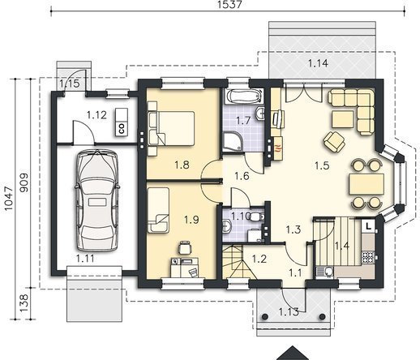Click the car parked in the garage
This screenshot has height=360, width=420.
(97, 202)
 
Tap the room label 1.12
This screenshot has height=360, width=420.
(96, 115)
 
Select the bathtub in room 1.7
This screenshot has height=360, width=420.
(244, 96)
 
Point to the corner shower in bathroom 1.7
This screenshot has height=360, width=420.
(233, 141)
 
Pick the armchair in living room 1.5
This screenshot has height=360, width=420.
(333, 141)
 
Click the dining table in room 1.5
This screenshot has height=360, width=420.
(366, 184)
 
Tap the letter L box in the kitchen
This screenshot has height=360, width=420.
(368, 226)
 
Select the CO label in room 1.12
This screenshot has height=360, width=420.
(122, 129)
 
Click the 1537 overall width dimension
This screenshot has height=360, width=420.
(229, 4)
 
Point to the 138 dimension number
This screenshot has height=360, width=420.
(24, 303)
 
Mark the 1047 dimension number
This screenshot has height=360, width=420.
(8, 199)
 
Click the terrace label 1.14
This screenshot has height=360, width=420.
(318, 63)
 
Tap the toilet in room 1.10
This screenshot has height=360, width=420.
(256, 216)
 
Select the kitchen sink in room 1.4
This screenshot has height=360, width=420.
(327, 272)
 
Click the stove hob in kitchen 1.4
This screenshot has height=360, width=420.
(368, 257)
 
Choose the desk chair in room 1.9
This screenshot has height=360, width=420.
(185, 247)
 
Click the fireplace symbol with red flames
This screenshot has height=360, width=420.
(279, 148)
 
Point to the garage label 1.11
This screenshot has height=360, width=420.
(85, 259)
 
